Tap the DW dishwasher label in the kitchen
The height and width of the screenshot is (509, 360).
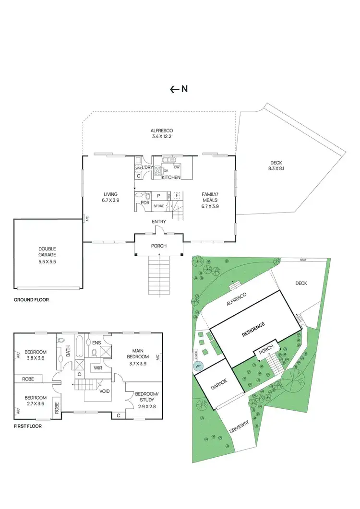[x=177, y=167]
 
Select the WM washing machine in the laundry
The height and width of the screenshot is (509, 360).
[x=138, y=168]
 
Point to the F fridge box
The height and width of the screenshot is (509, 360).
[x=177, y=196]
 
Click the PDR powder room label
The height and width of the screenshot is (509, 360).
[x=145, y=203]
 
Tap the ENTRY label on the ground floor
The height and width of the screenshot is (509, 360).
[x=159, y=221]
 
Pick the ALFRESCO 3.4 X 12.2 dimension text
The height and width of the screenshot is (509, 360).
[x=161, y=136]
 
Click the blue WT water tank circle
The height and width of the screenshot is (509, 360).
[x=197, y=367]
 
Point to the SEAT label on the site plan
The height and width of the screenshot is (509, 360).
[x=303, y=260]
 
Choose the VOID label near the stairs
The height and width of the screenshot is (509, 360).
[x=105, y=391]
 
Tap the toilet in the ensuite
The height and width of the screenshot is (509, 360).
[x=94, y=353]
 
